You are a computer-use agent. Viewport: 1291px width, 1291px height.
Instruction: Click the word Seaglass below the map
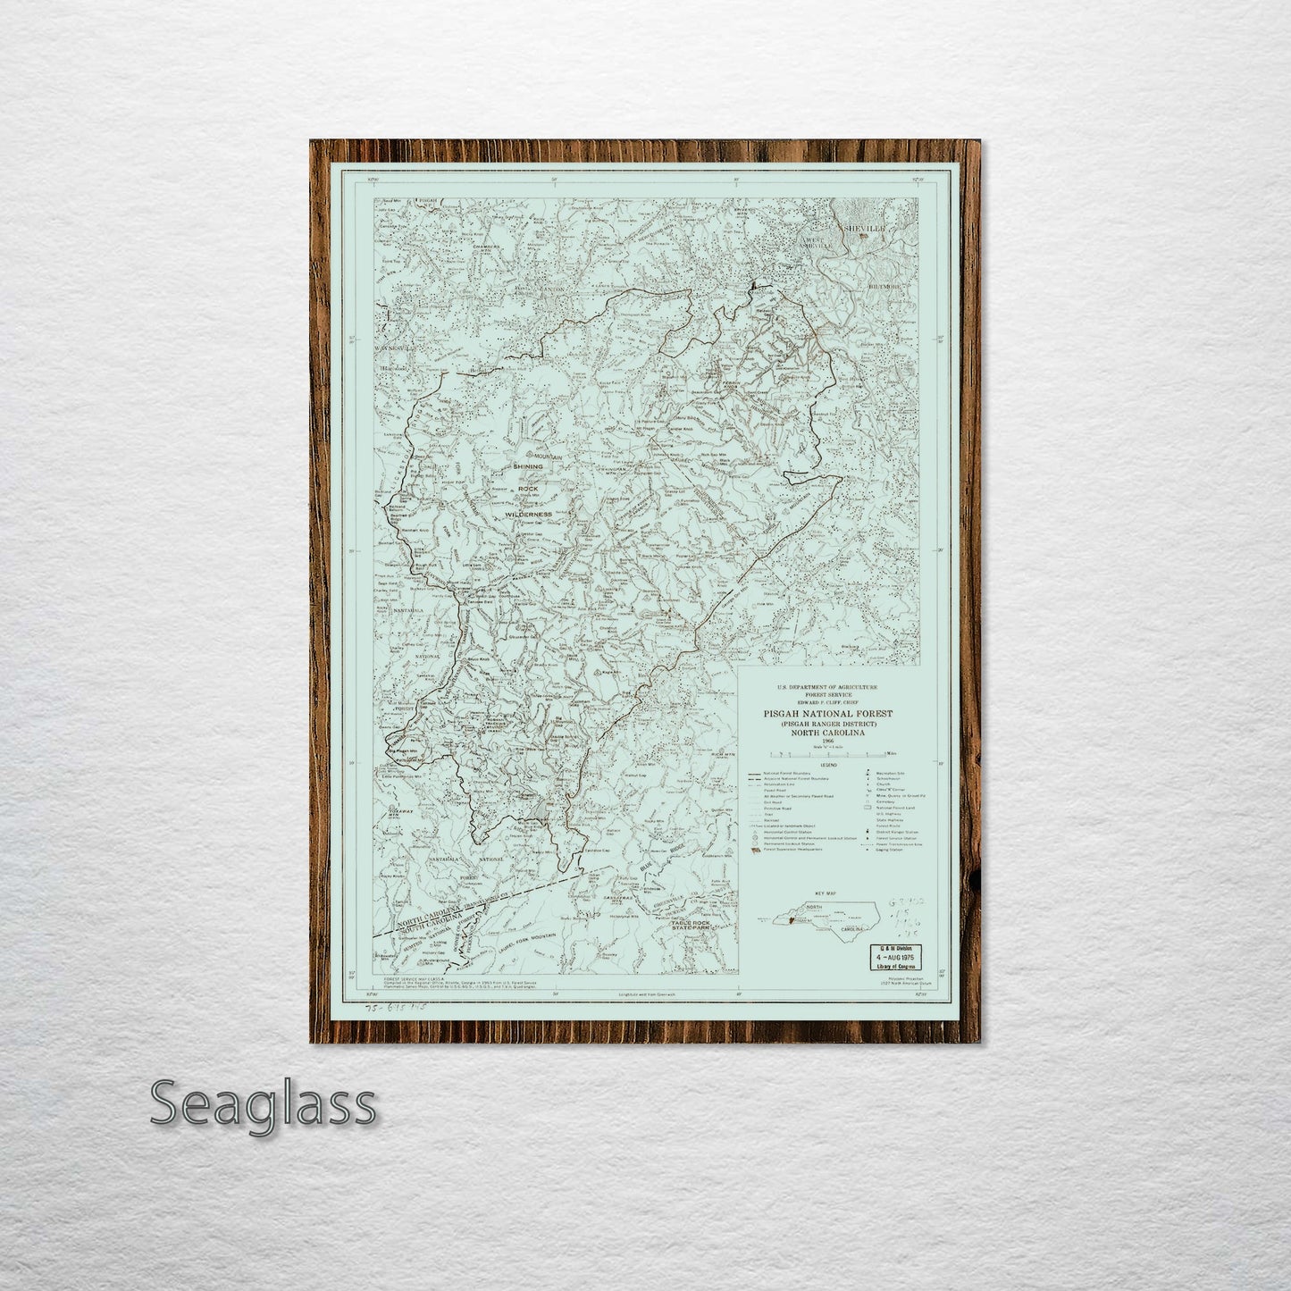click(263, 1104)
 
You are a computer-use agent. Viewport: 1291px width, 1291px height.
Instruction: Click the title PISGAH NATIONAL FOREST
click(827, 714)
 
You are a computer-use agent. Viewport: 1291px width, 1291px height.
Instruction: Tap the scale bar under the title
click(827, 755)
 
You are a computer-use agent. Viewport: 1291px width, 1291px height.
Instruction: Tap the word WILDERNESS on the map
click(527, 516)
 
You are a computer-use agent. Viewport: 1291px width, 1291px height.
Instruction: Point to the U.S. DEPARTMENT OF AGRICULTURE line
click(827, 687)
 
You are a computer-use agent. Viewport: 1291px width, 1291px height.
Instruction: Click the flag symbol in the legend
click(755, 850)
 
